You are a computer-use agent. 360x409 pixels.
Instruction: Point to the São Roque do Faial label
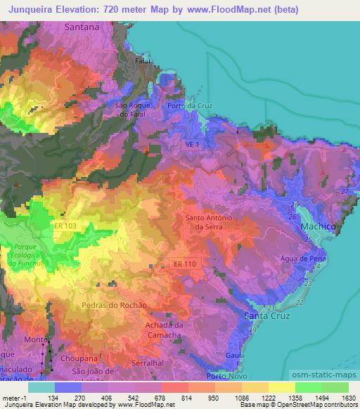point(131,109)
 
